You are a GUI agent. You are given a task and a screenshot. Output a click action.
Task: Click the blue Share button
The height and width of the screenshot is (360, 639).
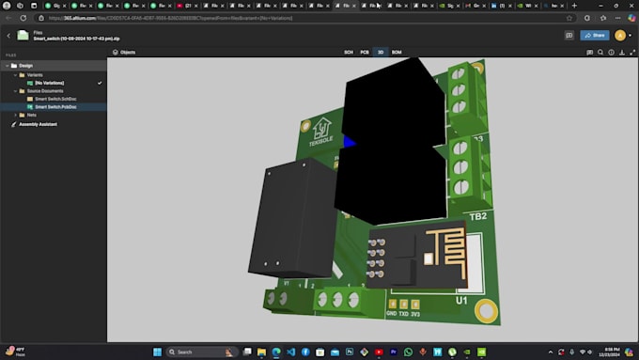[x=595, y=35]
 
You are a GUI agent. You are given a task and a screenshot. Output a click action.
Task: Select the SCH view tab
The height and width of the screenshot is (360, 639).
[x=349, y=53]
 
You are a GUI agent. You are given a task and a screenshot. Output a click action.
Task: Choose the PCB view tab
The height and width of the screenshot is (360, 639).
[x=365, y=53]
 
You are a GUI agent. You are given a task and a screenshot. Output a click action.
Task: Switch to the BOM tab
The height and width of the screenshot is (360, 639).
[x=397, y=53]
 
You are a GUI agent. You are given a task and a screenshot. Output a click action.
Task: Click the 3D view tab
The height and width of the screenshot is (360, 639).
[x=380, y=53]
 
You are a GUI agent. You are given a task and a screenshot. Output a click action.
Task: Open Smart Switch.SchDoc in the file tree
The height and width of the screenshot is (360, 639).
[x=49, y=98]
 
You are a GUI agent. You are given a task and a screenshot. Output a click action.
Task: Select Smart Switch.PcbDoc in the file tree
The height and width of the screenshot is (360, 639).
[x=49, y=106]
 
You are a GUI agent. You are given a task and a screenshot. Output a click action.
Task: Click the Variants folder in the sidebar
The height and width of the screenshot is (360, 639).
[x=35, y=74]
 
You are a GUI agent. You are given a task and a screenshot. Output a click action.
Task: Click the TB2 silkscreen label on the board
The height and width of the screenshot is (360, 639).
[x=477, y=215]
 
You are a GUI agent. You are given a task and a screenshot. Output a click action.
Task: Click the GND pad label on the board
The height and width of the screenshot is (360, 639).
[x=391, y=314]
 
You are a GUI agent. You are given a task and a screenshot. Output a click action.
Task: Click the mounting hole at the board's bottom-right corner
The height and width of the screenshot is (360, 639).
[x=486, y=310]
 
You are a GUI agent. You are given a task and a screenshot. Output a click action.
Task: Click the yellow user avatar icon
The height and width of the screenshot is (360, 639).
[x=620, y=35]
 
